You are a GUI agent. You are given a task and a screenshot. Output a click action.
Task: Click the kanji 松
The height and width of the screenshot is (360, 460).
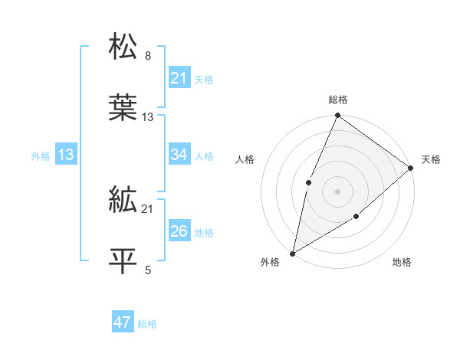click(x=123, y=47)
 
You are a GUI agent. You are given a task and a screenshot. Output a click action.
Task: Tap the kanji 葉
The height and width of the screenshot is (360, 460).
click(x=123, y=109)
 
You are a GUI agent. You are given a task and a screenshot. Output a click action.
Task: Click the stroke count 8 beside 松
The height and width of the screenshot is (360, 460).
click(x=148, y=56)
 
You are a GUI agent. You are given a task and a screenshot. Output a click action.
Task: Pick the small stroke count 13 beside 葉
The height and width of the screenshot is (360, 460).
click(x=148, y=117)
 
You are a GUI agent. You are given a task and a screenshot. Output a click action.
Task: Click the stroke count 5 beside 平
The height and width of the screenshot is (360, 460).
click(x=148, y=270)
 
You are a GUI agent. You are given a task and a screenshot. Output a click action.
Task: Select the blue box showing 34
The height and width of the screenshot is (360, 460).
click(x=179, y=155)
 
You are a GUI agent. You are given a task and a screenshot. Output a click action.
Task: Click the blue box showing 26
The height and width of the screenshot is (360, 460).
click(x=179, y=231)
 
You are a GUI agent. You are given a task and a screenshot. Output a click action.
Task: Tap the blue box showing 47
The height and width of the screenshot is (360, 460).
click(x=123, y=322)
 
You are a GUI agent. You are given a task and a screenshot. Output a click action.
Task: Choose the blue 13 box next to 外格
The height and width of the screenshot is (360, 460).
click(x=66, y=155)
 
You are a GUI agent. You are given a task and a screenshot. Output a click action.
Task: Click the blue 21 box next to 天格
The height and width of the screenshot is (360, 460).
click(x=179, y=78)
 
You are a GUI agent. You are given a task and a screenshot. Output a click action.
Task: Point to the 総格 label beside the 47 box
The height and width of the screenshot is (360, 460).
click(x=147, y=324)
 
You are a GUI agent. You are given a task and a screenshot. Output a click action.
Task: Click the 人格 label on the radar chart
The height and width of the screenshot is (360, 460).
click(x=245, y=159)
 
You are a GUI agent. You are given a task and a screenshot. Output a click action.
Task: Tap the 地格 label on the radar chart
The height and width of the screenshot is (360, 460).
click(x=402, y=263)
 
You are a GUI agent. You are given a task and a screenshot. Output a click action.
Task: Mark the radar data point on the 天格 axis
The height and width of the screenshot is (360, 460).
click(x=411, y=169)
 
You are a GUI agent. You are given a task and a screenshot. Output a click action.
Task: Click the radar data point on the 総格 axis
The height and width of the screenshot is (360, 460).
click(x=337, y=116)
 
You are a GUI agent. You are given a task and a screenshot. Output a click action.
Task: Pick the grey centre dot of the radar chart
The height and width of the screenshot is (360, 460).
click(x=337, y=191)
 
